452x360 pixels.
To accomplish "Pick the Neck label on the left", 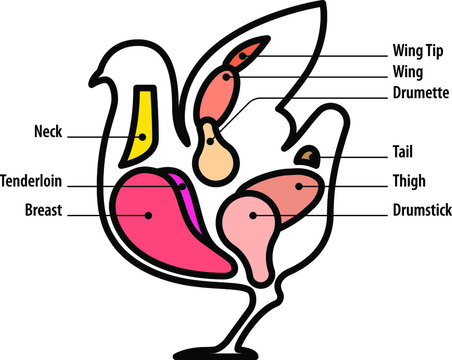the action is [48, 132].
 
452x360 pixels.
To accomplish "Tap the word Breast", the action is [43, 211].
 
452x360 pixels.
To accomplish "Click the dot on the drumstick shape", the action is [253, 213].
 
